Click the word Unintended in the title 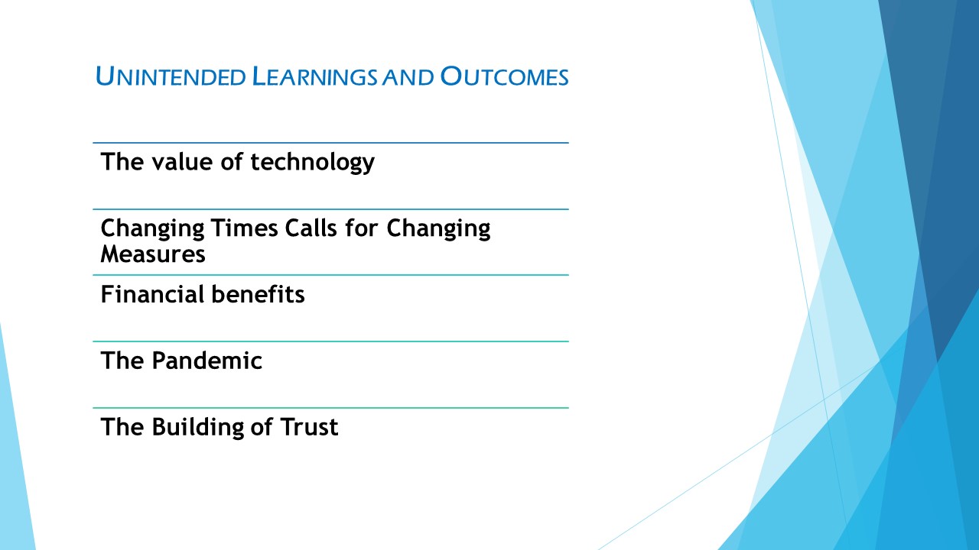pyautogui.click(x=171, y=76)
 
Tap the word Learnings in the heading pyautogui.click(x=314, y=76)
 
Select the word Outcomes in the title pyautogui.click(x=504, y=76)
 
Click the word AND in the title pyautogui.click(x=408, y=77)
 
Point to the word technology pyautogui.click(x=313, y=163)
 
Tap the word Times pyautogui.click(x=244, y=228)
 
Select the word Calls pyautogui.click(x=311, y=228)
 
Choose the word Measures pyautogui.click(x=153, y=254)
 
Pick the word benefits pyautogui.click(x=258, y=294)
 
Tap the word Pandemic pyautogui.click(x=207, y=361)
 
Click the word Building pyautogui.click(x=197, y=428)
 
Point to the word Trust pyautogui.click(x=309, y=427)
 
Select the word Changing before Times pyautogui.click(x=152, y=229)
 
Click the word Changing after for pyautogui.click(x=438, y=229)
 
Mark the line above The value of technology pyautogui.click(x=331, y=143)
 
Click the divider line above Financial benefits pyautogui.click(x=331, y=275)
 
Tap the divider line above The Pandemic pyautogui.click(x=331, y=341)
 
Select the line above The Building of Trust pyautogui.click(x=331, y=408)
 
